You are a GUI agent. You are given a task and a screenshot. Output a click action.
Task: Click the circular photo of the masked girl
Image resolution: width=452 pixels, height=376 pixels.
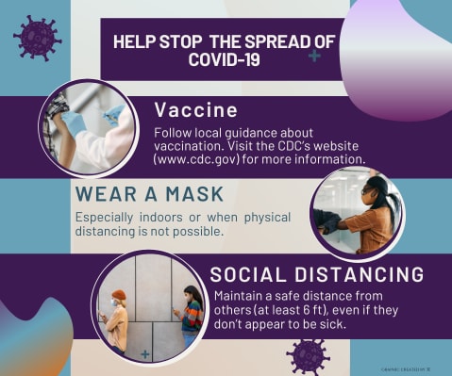coord(357,213)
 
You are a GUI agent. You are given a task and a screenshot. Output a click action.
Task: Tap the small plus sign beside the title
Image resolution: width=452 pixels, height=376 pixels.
coord(313,57)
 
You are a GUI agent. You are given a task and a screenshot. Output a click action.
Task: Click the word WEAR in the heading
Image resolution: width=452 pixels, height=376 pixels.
coord(103,195)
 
